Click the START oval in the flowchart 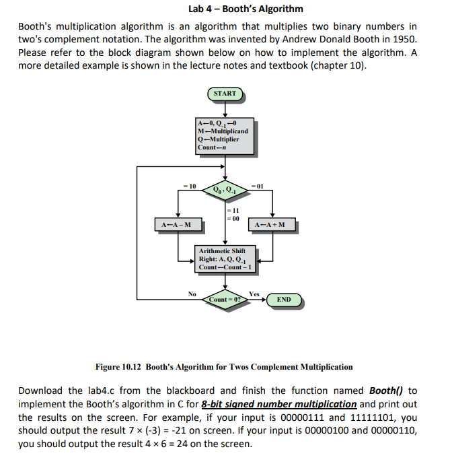click(225, 94)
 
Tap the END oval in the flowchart click(283, 299)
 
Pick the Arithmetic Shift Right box click(224, 259)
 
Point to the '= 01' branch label click(258, 185)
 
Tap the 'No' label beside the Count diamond click(192, 294)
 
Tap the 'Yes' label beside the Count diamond click(254, 294)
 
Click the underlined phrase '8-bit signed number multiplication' click(278, 404)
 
